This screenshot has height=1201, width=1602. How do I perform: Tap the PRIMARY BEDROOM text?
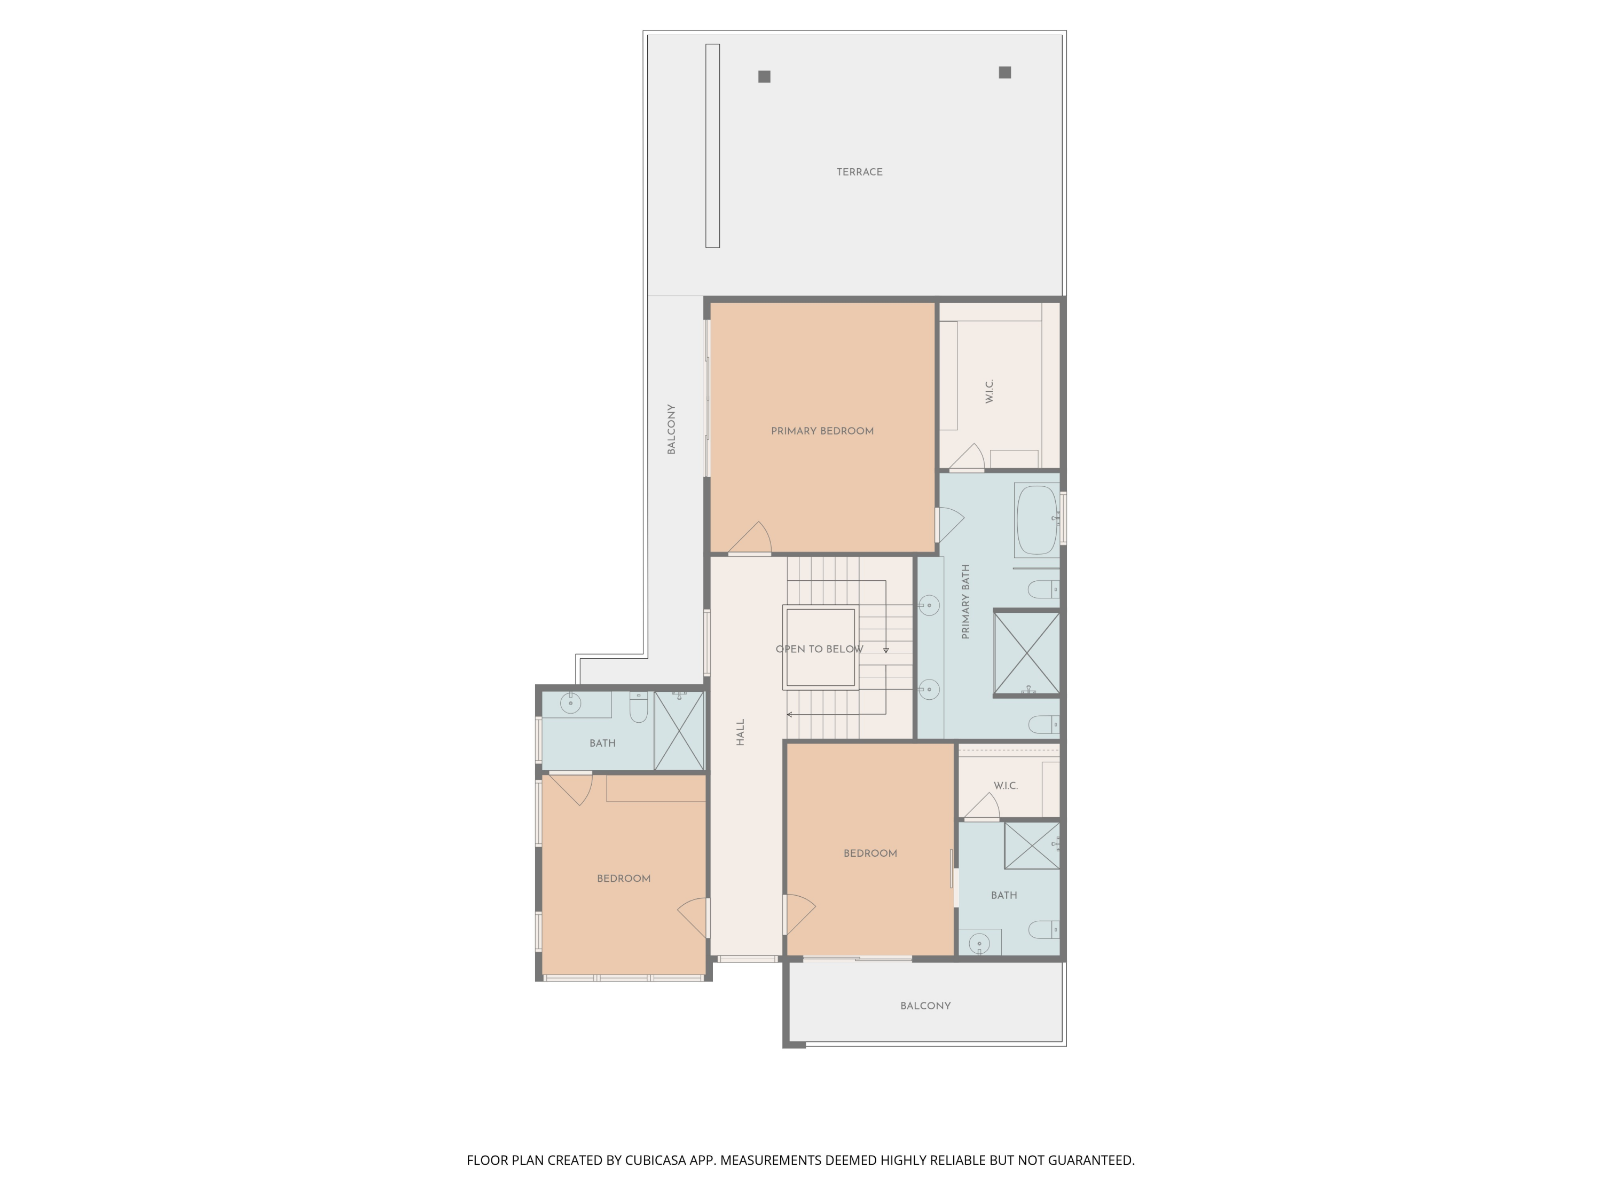822,431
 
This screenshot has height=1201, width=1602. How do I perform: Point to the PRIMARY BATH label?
965,602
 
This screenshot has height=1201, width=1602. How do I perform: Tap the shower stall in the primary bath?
1026,653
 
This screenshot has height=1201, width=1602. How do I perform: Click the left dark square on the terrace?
764,77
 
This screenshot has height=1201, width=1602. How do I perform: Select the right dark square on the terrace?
1004,73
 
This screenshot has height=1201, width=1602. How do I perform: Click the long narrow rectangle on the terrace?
713,146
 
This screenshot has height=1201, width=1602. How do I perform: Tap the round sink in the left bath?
571,703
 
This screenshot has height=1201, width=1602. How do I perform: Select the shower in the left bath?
679,730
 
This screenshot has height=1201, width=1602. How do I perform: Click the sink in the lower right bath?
979,943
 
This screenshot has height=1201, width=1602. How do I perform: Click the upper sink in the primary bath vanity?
929,605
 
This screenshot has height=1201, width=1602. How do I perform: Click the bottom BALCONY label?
925,1006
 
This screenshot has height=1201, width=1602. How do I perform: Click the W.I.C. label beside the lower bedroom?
1005,786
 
